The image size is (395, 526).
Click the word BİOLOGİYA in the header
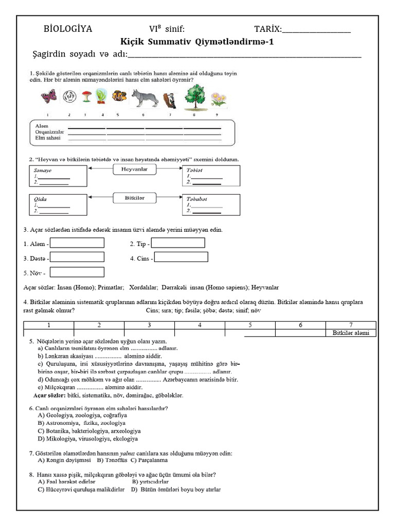point(68,29)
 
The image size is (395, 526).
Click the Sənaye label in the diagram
point(43,170)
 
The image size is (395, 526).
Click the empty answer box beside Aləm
point(77,243)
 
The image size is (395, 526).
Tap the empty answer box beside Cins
point(181,257)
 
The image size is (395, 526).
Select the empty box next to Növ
point(77,272)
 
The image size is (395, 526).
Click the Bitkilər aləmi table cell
point(351,333)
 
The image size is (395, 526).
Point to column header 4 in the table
point(200,325)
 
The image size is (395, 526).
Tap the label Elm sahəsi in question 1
point(48,138)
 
